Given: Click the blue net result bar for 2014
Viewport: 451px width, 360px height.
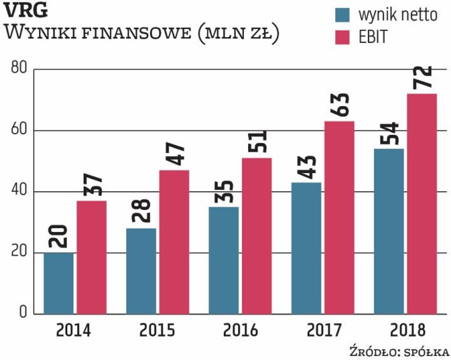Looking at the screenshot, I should (x=59, y=283).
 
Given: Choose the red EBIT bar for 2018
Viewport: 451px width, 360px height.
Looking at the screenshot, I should (x=421, y=203).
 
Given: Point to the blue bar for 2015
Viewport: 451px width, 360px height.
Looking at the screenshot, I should (x=141, y=271).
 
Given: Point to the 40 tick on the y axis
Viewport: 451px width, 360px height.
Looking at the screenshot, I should (x=19, y=192).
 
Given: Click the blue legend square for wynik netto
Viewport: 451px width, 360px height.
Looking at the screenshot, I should (x=343, y=15).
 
